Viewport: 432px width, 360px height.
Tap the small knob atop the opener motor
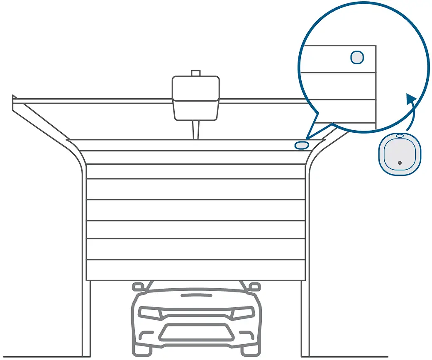click(x=195, y=73)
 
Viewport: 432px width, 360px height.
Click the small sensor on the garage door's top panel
click(x=302, y=145)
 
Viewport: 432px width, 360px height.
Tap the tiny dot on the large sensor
click(x=399, y=163)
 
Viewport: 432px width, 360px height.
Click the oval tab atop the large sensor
click(x=399, y=136)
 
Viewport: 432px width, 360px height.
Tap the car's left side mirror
click(x=138, y=287)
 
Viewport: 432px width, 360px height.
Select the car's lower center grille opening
click(x=196, y=332)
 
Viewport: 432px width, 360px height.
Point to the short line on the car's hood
click(x=196, y=295)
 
